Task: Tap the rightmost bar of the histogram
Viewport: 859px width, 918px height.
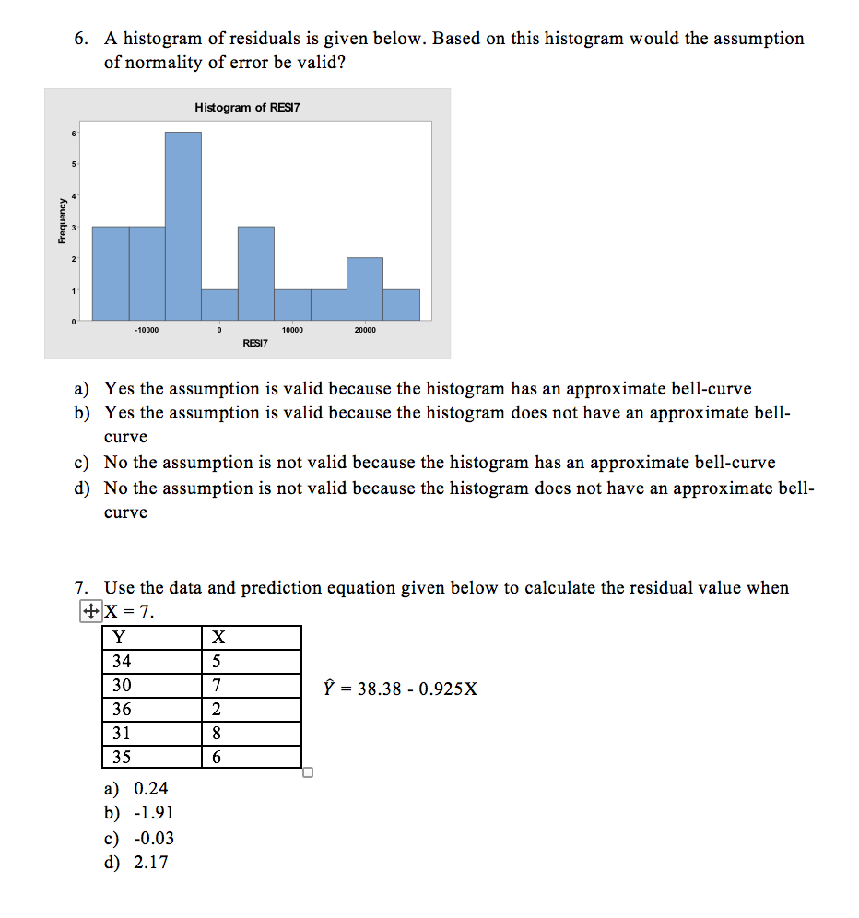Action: click(x=401, y=305)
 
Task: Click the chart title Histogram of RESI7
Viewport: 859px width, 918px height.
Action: click(x=247, y=108)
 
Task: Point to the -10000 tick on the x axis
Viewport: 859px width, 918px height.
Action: click(x=147, y=329)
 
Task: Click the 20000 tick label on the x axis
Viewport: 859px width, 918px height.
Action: click(x=365, y=329)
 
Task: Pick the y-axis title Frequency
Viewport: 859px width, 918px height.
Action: click(x=61, y=222)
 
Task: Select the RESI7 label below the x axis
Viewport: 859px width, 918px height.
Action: click(x=254, y=343)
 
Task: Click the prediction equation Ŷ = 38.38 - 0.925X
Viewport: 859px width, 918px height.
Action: click(x=400, y=688)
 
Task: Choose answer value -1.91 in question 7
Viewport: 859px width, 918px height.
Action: click(x=154, y=813)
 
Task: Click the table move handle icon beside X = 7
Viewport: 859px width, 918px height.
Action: click(x=89, y=610)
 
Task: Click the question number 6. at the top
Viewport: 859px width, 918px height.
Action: click(x=83, y=39)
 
